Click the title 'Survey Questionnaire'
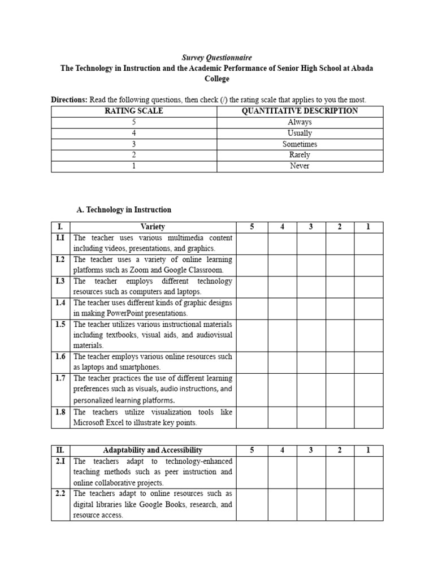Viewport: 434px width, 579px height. pyautogui.click(x=216, y=57)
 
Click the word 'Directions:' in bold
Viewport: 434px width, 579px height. pyautogui.click(x=70, y=100)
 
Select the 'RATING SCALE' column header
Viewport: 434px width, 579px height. pyautogui.click(x=134, y=111)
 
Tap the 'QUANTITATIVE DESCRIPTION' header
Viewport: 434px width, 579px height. pyautogui.click(x=300, y=111)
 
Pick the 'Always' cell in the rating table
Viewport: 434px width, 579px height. pyautogui.click(x=300, y=122)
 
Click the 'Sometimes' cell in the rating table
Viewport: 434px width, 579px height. pyautogui.click(x=300, y=144)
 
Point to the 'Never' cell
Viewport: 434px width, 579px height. pyautogui.click(x=300, y=166)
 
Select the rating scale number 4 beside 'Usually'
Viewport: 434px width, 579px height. pyautogui.click(x=134, y=133)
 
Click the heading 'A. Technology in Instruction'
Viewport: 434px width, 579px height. pyautogui.click(x=124, y=209)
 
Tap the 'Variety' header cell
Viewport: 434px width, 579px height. pyautogui.click(x=153, y=227)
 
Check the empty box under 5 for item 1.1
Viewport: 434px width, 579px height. pyautogui.click(x=252, y=243)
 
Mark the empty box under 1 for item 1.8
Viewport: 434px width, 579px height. pyautogui.click(x=368, y=417)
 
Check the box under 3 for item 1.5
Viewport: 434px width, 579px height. pyautogui.click(x=311, y=335)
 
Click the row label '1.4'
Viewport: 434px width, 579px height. pyautogui.click(x=60, y=303)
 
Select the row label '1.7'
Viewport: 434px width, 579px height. pyautogui.click(x=60, y=378)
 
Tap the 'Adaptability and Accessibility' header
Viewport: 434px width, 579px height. pyautogui.click(x=153, y=450)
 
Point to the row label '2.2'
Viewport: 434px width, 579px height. pyautogui.click(x=60, y=494)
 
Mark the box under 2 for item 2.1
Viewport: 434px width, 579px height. pyautogui.click(x=340, y=472)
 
